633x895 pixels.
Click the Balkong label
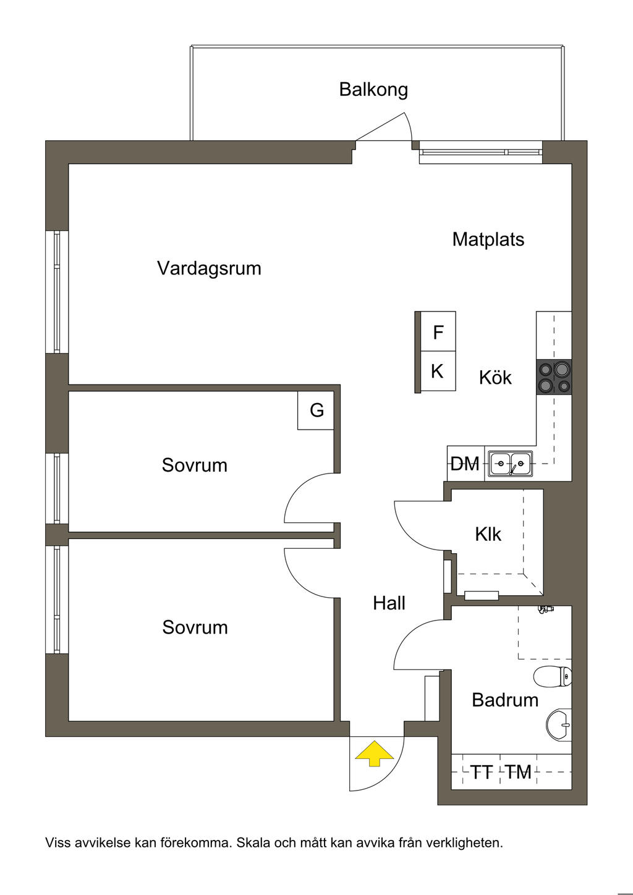(373, 90)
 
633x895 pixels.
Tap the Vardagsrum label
(209, 268)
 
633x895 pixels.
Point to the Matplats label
(488, 239)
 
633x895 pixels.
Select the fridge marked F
(438, 333)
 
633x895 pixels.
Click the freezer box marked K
(437, 371)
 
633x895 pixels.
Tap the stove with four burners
(554, 377)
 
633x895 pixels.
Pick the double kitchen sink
(511, 464)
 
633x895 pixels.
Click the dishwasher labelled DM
(465, 464)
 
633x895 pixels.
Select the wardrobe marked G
(316, 410)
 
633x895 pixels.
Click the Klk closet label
(488, 534)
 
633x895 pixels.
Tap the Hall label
(389, 603)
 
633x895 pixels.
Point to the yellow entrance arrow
(374, 754)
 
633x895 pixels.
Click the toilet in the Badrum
(554, 677)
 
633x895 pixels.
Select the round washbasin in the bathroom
(559, 723)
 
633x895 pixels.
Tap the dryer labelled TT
(482, 772)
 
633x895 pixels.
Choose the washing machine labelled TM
(518, 772)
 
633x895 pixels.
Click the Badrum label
(504, 700)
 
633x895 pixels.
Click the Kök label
(495, 377)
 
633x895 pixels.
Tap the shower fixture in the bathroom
(544, 609)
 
